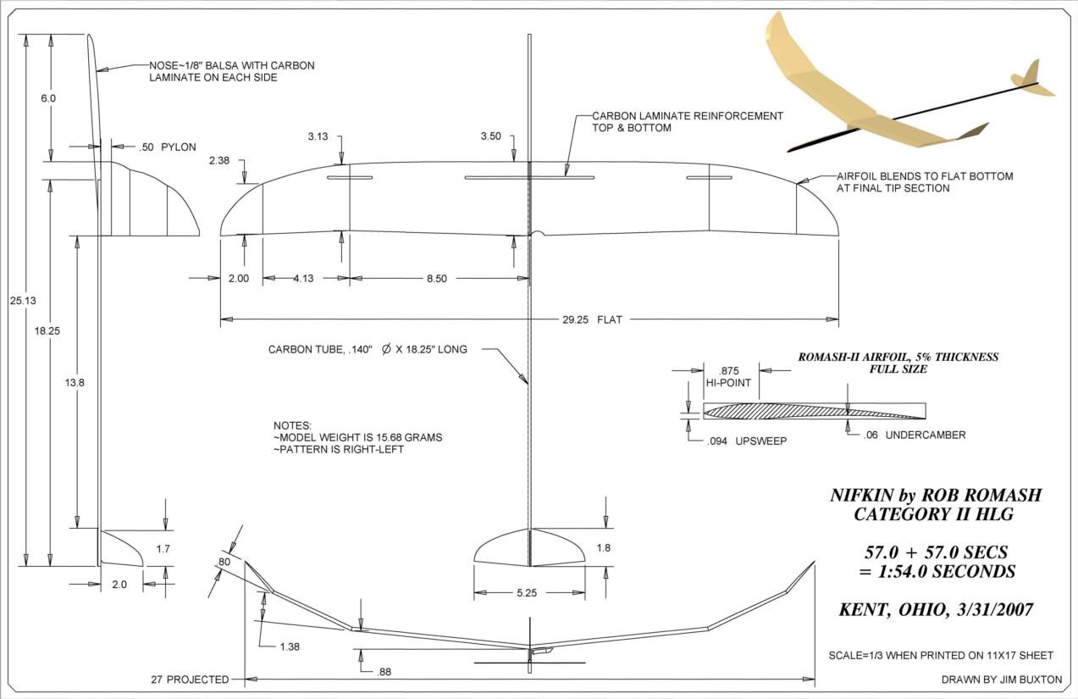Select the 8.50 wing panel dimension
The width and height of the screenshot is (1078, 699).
(x=436, y=279)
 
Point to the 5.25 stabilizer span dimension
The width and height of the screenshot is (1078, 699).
(x=526, y=594)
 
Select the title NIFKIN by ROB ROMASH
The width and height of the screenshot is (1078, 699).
(x=936, y=496)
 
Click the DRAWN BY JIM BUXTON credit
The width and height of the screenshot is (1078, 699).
(x=1001, y=680)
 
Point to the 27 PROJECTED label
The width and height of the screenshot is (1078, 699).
(x=190, y=680)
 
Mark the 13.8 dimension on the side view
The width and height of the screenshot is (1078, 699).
(x=75, y=382)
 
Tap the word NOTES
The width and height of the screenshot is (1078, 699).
(x=292, y=424)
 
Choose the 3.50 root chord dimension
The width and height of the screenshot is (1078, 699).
(x=490, y=136)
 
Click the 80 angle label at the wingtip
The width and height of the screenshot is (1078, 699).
(x=224, y=561)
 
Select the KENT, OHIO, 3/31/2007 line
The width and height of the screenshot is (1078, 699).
(x=936, y=610)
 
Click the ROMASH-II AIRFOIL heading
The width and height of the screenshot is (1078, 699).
(x=898, y=357)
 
